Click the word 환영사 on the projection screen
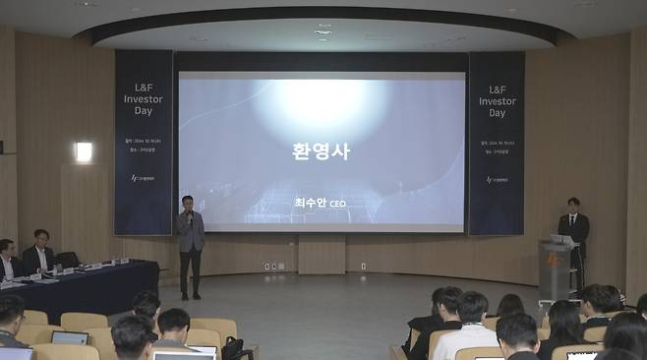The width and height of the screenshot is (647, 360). coord(321,151)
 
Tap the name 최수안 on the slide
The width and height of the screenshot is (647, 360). coord(310,203)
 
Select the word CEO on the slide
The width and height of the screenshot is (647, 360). coord(336,204)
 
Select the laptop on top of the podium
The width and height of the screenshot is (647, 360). coord(562,239)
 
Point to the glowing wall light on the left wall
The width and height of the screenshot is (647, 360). coord(84,151)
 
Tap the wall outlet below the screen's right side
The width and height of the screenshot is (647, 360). coord(363,266)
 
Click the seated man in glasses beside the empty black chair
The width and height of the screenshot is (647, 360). coord(39,254)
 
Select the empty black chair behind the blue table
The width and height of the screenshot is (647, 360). coord(68,259)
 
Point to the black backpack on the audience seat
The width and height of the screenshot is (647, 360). coord(232,348)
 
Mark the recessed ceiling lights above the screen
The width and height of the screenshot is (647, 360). coord(323,30)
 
